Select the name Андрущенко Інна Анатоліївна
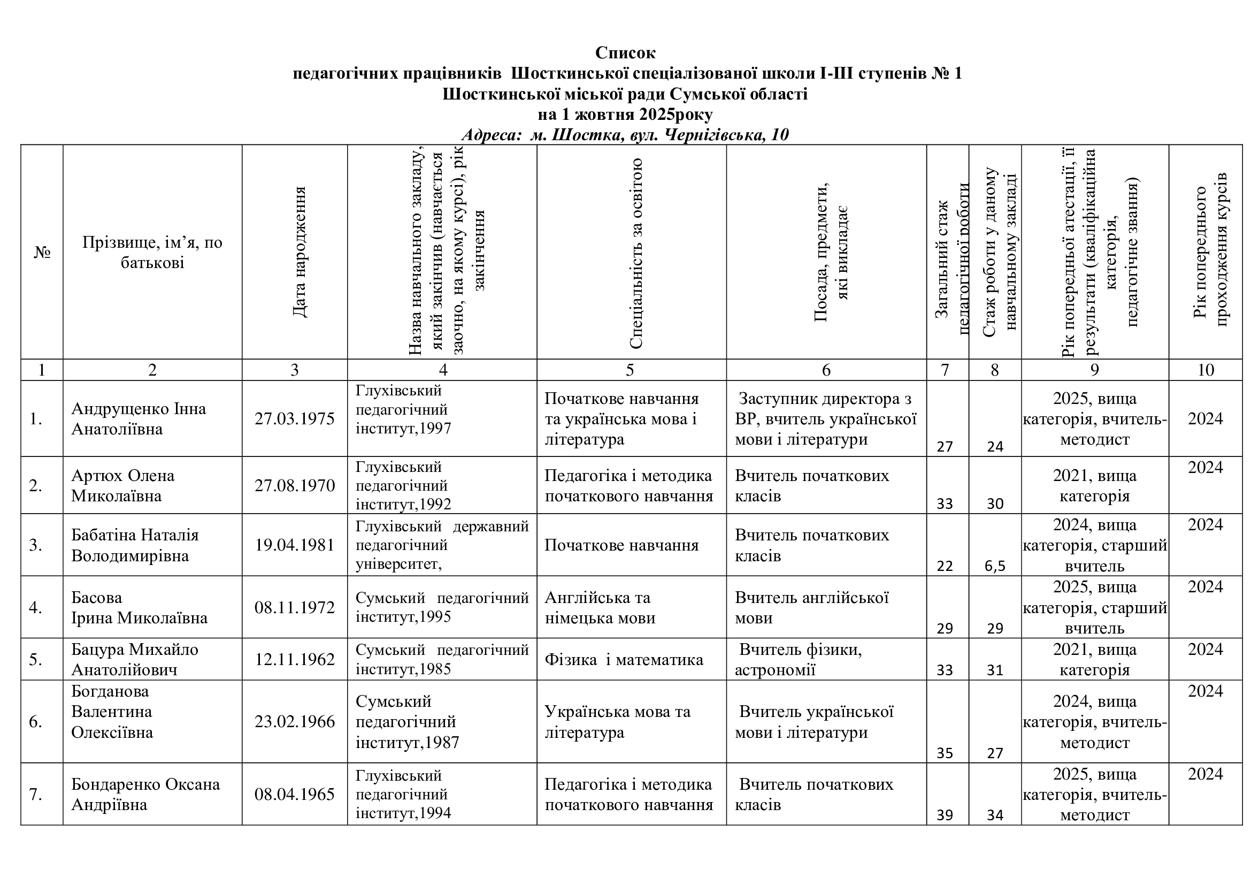[x=139, y=418]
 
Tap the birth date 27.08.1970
[x=294, y=485]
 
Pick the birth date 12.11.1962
[x=294, y=659]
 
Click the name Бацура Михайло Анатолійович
[x=135, y=659]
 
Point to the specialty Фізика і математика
[x=624, y=660]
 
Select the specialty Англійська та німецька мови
[x=600, y=608]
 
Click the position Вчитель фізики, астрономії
[x=798, y=659]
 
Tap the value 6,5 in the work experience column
[x=995, y=566]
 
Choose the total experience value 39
[x=945, y=815]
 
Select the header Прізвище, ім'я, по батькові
[x=152, y=253]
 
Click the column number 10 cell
[x=1205, y=370]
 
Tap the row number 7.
[x=35, y=795]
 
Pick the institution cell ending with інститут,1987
[x=407, y=721]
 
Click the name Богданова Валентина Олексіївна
[x=112, y=712]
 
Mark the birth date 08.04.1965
[x=294, y=795]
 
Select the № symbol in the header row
[x=42, y=253]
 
